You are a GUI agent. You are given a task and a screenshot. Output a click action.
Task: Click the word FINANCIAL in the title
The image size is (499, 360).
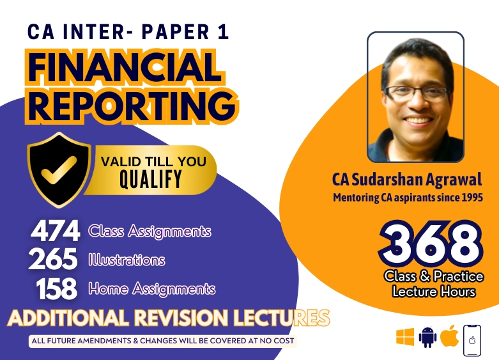125,67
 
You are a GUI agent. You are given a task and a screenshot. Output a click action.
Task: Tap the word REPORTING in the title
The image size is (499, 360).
132,104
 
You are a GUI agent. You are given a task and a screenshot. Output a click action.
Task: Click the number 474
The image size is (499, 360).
55,231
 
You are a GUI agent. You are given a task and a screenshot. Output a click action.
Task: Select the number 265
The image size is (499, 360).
53,258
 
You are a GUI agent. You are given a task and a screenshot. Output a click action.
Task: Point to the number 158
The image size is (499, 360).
57,288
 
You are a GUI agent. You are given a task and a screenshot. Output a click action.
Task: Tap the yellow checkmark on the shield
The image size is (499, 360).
59,170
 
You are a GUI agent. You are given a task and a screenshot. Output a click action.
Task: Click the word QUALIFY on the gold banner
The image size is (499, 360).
151,179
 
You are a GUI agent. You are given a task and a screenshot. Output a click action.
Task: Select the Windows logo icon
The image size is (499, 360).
405,337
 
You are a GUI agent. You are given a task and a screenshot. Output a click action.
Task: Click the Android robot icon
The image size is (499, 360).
427,337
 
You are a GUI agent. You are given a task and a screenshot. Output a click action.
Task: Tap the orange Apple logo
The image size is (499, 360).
450,336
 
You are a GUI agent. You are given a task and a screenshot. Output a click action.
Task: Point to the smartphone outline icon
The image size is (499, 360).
472,341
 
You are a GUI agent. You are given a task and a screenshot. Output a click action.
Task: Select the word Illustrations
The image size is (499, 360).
127,260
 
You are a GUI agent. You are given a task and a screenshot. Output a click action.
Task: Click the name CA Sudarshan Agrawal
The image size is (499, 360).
407,180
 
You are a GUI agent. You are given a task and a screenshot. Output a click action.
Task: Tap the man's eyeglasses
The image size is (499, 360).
417,93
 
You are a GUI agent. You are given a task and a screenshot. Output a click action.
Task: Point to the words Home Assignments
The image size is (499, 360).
152,288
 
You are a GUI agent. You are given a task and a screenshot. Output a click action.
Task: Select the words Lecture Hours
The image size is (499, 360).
434,292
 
